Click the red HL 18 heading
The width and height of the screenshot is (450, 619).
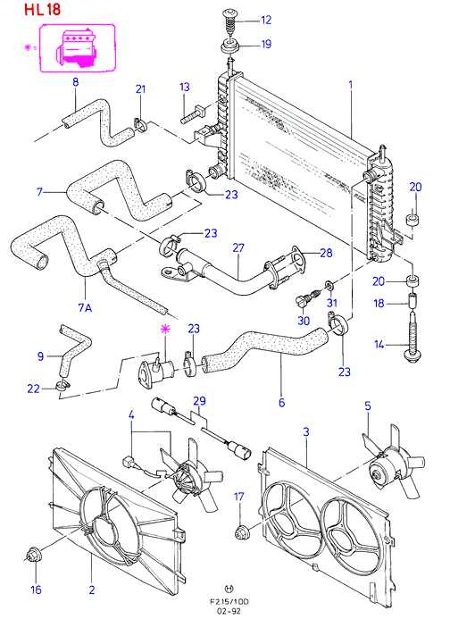pyautogui.click(x=43, y=10)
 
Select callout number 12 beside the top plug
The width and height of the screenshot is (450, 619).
pyautogui.click(x=266, y=20)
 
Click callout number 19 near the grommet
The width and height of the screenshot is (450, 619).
pyautogui.click(x=266, y=44)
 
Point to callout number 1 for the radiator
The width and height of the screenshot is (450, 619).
pyautogui.click(x=350, y=85)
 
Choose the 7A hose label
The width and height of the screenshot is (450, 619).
pyautogui.click(x=85, y=307)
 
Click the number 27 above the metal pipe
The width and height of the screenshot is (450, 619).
pyautogui.click(x=238, y=248)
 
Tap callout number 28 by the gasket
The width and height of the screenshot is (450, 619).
pyautogui.click(x=326, y=253)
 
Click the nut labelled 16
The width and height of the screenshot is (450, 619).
pyautogui.click(x=31, y=555)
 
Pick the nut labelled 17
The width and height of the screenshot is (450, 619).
pyautogui.click(x=241, y=532)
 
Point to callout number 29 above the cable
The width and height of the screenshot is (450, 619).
pyautogui.click(x=200, y=401)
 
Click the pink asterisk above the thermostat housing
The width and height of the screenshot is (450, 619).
pyautogui.click(x=164, y=330)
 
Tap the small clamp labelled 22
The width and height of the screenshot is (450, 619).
pyautogui.click(x=62, y=385)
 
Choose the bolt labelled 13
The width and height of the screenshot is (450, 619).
pyautogui.click(x=192, y=113)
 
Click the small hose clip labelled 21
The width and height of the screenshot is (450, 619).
pyautogui.click(x=140, y=124)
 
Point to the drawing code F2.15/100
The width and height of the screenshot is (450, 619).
pyautogui.click(x=229, y=602)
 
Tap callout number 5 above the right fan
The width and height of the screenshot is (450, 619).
pyautogui.click(x=368, y=406)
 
